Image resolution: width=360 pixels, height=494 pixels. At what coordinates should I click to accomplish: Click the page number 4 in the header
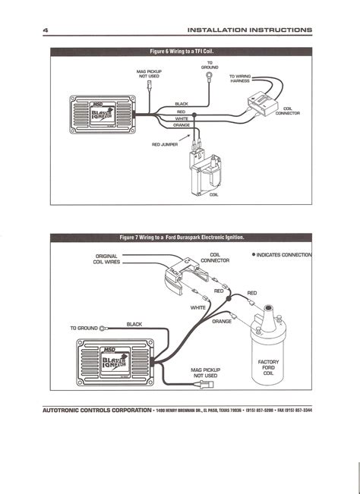point(46,30)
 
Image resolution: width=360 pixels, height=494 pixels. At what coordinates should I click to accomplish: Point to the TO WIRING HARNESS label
point(242,80)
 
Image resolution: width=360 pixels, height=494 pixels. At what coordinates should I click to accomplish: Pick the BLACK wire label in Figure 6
point(181,104)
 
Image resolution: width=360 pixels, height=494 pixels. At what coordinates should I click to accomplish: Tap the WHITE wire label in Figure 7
point(198,307)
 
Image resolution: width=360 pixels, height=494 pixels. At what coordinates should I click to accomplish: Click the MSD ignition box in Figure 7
point(119,358)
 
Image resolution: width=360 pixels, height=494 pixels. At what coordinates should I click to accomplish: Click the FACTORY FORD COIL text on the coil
point(269,368)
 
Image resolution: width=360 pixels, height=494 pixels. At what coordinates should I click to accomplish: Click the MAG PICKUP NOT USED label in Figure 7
point(205,373)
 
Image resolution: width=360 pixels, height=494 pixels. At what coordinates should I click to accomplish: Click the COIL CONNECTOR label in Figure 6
point(292,112)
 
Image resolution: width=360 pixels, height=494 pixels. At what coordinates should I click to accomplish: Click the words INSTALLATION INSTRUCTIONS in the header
point(250,30)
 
